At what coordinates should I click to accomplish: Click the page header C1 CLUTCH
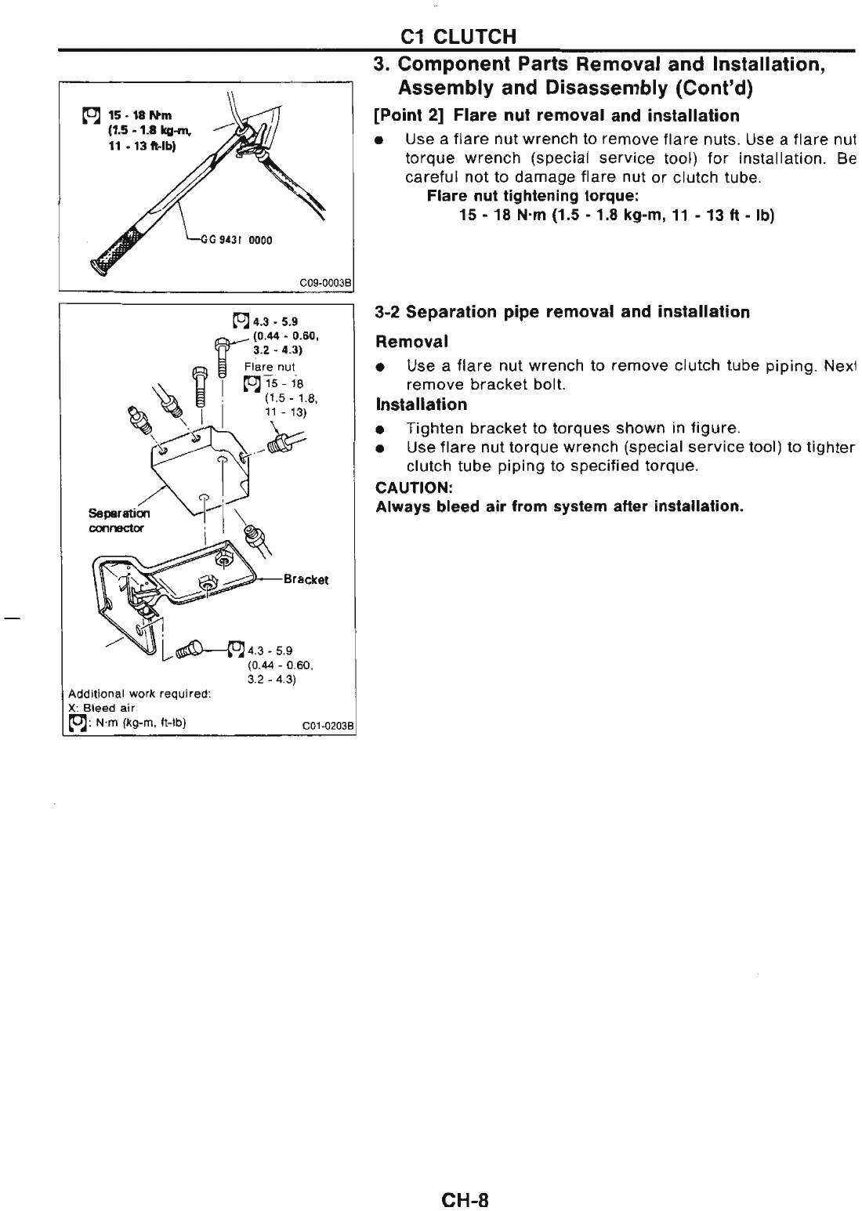457,37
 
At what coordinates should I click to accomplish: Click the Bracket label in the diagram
306,579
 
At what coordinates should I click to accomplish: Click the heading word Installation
422,404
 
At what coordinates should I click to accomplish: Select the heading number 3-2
389,312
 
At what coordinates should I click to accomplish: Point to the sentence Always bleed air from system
559,506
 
